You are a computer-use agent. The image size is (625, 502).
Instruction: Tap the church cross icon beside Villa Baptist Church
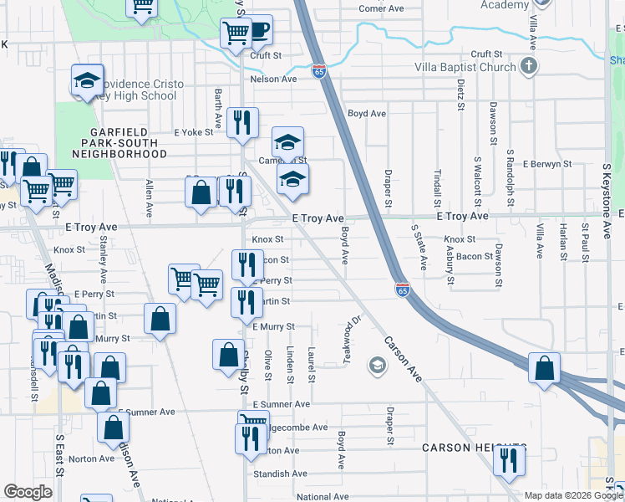[x=528, y=66]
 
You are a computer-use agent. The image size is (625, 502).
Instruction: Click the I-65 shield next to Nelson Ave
[x=319, y=71]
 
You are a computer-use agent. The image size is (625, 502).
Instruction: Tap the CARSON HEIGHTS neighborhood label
[x=474, y=448]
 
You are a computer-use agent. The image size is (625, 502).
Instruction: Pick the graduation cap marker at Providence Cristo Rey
[x=87, y=80]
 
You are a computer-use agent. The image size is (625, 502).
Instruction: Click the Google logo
[x=28, y=492]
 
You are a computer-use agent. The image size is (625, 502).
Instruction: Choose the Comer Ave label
[x=380, y=9]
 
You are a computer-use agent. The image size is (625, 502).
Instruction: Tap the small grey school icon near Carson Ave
[x=377, y=365]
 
